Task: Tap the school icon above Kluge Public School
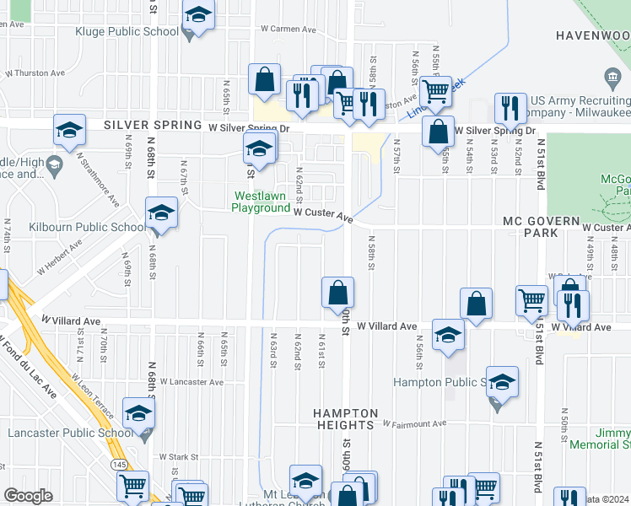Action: point(198,17)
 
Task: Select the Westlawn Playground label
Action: point(262,202)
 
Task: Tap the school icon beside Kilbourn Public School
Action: point(160,213)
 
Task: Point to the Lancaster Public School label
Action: point(67,433)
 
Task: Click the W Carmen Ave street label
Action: point(288,29)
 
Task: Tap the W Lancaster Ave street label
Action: point(191,382)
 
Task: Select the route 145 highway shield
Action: point(119,465)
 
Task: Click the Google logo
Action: point(28,496)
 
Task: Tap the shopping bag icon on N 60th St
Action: point(337,292)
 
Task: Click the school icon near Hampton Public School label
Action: point(502,382)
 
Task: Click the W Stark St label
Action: point(177,456)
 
